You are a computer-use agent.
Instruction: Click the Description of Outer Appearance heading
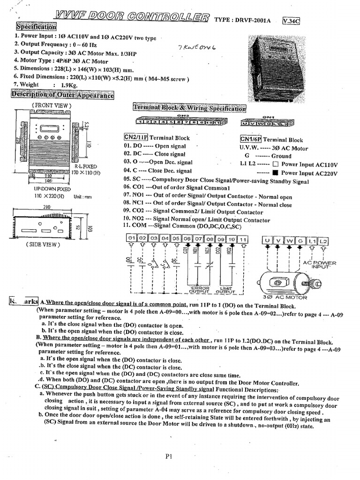click(x=63, y=96)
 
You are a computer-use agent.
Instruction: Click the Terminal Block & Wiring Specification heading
click(x=189, y=109)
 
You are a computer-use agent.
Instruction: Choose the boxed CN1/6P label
click(x=250, y=139)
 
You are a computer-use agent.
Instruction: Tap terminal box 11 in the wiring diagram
click(x=242, y=240)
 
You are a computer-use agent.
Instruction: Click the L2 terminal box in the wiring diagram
click(x=323, y=241)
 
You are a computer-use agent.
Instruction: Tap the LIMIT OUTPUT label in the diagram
click(x=225, y=290)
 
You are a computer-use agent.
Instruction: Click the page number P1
click(x=169, y=457)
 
